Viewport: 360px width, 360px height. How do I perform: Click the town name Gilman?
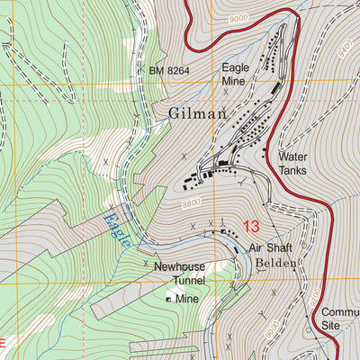(197, 113)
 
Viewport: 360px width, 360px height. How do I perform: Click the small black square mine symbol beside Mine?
(168, 299)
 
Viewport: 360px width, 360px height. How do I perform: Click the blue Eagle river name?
(116, 226)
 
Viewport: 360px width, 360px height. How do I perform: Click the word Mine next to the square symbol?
(187, 299)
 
